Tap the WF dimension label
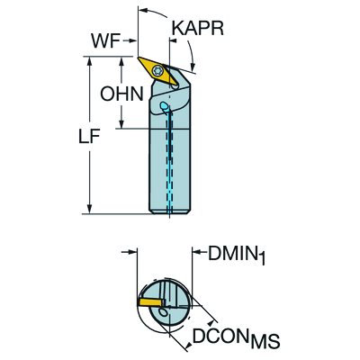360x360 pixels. coord(108,40)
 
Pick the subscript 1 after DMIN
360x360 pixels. coord(261,262)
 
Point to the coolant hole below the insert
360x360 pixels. coord(164,107)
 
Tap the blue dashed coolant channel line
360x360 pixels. coord(168,162)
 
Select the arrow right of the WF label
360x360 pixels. coord(132,40)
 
